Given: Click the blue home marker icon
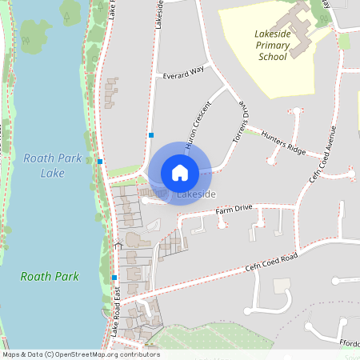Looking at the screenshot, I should click(x=179, y=173).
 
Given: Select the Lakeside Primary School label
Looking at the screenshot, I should click(x=273, y=46).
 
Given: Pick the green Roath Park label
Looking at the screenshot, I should click(x=50, y=277).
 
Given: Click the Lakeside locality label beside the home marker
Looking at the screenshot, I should click(x=197, y=194).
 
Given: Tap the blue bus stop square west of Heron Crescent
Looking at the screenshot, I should click(x=150, y=135).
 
